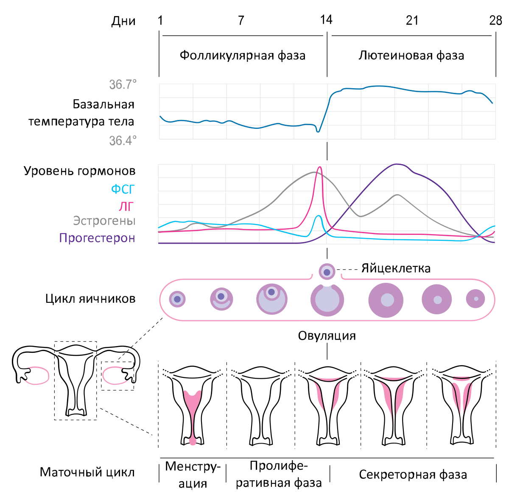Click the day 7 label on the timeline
tap(241, 20)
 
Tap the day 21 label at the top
tap(412, 20)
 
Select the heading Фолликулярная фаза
tap(242, 56)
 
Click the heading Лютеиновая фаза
tap(411, 56)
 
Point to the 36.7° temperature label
tap(123, 84)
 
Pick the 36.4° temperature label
tap(123, 140)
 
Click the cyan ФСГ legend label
tap(123, 189)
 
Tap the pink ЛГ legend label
tap(126, 206)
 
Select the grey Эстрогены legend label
tap(104, 221)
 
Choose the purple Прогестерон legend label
tap(97, 238)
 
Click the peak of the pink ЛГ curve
tap(320, 167)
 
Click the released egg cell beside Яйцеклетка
tap(327, 272)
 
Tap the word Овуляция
tap(327, 336)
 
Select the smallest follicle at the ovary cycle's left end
tap(177, 299)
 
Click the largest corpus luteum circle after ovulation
tap(386, 300)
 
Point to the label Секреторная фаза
tap(413, 475)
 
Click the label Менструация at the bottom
tap(193, 475)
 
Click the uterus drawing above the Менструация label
tap(193, 405)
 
